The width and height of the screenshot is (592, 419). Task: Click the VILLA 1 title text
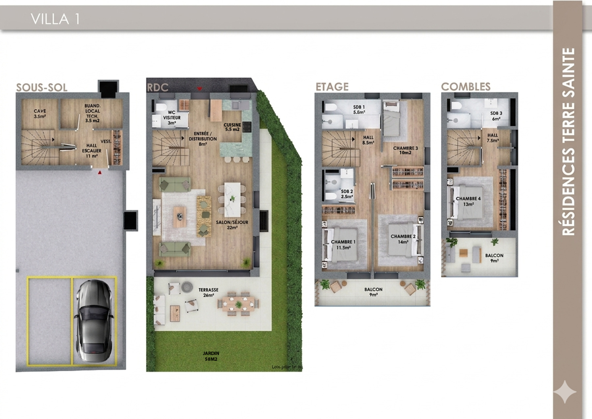point(55,19)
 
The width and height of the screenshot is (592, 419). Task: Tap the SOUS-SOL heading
point(42,88)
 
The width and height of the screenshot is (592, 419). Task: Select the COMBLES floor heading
point(465,87)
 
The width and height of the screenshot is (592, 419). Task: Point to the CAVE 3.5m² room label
point(40,114)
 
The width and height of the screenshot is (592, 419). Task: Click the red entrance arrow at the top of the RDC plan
point(199,89)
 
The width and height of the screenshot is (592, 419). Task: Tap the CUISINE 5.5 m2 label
point(232,127)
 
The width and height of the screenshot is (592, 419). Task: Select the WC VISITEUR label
point(172,118)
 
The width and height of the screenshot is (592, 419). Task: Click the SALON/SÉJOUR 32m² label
point(232,224)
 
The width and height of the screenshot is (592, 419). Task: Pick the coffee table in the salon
point(180,217)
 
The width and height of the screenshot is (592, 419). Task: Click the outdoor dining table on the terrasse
point(238,304)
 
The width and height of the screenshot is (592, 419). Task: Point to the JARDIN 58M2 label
point(211,356)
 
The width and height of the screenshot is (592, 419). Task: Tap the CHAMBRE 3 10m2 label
point(405,150)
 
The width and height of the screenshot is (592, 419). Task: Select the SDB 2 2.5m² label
point(347,194)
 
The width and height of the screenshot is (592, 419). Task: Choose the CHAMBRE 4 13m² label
point(468,201)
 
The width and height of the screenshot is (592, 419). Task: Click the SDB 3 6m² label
point(496,116)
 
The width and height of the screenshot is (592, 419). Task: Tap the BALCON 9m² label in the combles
point(494,258)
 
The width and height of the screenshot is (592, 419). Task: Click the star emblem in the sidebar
point(565,392)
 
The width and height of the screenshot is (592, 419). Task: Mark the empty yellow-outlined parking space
point(49,321)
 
